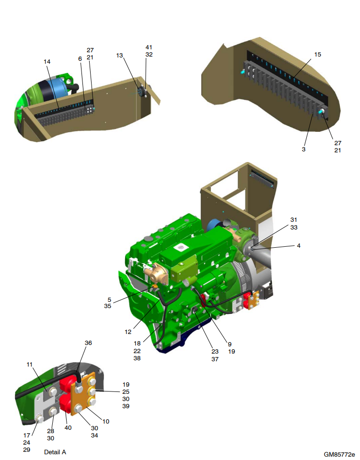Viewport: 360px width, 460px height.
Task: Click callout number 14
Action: pos(47,62)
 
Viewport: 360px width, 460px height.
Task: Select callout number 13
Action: pos(119,56)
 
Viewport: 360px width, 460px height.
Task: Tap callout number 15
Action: pos(317,55)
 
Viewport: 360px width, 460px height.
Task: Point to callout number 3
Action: pos(303,149)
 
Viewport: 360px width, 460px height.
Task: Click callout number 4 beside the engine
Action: pos(298,245)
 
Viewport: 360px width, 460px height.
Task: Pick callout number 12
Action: pos(128,332)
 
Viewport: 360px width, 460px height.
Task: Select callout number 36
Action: pos(88,343)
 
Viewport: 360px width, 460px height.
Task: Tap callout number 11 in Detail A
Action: pos(29,364)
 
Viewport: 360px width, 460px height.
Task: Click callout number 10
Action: pos(106,421)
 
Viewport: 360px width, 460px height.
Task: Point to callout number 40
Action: pos(68,428)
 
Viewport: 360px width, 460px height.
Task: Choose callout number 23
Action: pos(215,351)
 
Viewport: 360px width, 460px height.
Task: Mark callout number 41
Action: pos(149,47)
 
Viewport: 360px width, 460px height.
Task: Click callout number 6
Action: pos(80,58)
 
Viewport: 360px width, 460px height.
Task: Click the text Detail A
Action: pos(55,452)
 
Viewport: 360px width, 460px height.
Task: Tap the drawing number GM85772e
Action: pos(339,455)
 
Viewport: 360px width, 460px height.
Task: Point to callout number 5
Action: pos(109,300)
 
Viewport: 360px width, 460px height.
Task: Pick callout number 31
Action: pos(294,220)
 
